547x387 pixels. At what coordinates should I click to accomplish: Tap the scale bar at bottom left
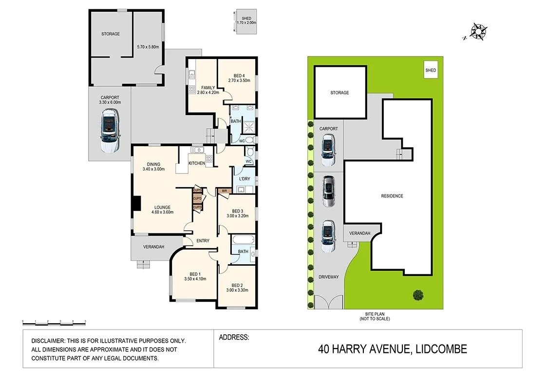click(54, 322)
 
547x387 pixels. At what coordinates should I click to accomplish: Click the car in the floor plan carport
click(109, 131)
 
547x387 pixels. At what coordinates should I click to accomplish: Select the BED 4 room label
click(239, 76)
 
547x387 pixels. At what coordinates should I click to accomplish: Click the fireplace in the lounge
click(137, 204)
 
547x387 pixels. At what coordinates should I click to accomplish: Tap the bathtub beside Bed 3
click(243, 240)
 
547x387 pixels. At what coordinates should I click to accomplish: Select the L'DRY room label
click(245, 179)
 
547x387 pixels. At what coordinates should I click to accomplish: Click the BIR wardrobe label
click(224, 191)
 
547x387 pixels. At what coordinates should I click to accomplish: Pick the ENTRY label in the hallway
click(203, 241)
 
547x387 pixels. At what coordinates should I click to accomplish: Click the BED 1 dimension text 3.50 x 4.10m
click(195, 279)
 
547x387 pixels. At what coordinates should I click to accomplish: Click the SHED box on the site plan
click(431, 70)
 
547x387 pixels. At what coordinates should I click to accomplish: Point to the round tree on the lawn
click(417, 294)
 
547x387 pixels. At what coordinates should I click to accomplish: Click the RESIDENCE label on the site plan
click(392, 196)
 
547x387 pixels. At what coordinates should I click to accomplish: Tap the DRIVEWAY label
click(328, 277)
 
